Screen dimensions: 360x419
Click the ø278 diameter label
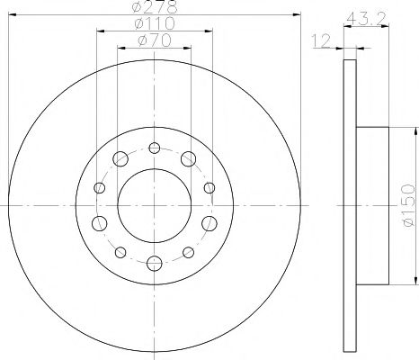155,9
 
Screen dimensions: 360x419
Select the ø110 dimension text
155,25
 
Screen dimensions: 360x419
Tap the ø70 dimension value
155,40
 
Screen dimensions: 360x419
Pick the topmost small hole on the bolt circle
155,149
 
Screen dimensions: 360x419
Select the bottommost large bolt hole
155,263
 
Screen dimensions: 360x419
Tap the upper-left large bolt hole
120,159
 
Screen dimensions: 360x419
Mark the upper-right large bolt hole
188,159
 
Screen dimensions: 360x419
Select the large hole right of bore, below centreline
209,223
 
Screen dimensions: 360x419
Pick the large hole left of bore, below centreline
99,223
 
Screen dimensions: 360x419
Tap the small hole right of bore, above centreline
209,188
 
